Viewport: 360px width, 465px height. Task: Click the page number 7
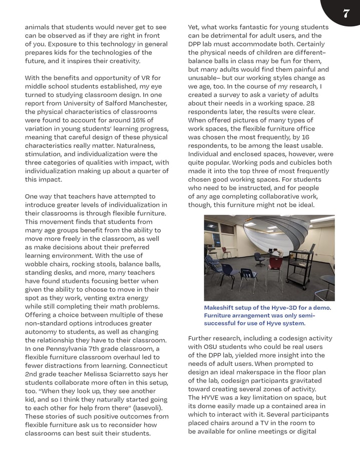345,14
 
